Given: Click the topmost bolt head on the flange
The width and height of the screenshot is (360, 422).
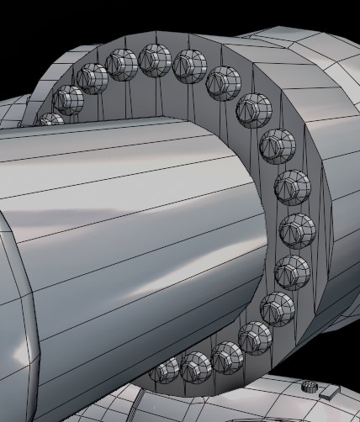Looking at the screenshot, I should pyautogui.click(x=155, y=60).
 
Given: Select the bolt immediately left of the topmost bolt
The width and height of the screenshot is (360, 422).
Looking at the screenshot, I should pyautogui.click(x=122, y=64).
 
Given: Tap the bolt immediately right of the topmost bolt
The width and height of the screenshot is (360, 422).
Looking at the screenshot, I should pyautogui.click(x=188, y=65).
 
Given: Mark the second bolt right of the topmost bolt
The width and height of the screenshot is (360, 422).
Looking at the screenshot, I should pyautogui.click(x=223, y=82).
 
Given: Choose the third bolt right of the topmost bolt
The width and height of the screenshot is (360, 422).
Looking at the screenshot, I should pyautogui.click(x=253, y=110).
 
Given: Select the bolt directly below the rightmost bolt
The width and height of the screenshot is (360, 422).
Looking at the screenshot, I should pyautogui.click(x=292, y=272).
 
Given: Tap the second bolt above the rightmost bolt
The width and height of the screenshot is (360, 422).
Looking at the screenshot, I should pyautogui.click(x=277, y=146).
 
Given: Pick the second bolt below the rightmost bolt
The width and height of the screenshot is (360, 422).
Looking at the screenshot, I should pyautogui.click(x=277, y=309).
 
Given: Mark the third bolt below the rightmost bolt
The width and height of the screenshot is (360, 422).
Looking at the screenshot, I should pyautogui.click(x=254, y=338).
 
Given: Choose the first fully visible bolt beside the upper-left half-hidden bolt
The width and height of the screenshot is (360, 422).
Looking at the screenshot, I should pyautogui.click(x=69, y=99).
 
